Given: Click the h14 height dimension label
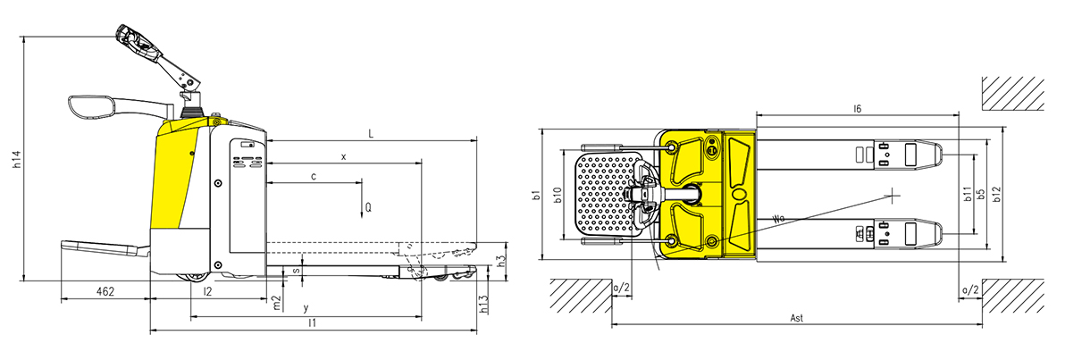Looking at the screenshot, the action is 19,160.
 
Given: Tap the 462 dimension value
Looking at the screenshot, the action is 104,291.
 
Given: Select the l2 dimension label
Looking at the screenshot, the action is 208,291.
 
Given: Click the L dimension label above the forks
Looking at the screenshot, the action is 371,134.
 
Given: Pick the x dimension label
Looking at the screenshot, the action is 344,157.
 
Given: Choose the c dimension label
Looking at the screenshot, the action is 313,177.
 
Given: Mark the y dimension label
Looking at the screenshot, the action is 306,308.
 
